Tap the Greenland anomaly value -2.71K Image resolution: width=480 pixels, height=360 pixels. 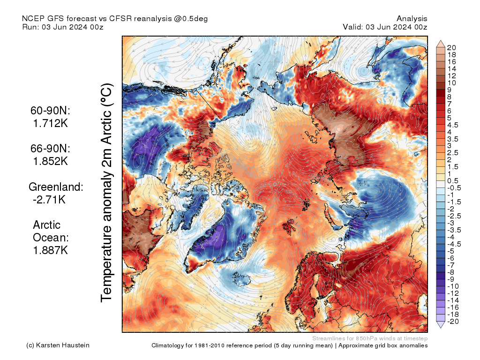click(49, 200)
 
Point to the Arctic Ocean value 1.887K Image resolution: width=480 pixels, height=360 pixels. click(50, 250)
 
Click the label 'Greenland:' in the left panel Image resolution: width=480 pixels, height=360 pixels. click(56, 187)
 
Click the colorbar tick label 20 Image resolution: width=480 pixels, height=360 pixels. click(452, 47)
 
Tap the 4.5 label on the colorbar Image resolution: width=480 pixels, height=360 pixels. click(453, 125)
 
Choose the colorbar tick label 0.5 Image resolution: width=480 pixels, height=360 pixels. click(453, 181)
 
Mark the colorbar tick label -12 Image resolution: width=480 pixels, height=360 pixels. click(452, 293)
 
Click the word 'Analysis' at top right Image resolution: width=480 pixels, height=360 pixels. click(412, 19)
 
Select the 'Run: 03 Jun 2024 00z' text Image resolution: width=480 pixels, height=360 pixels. click(63, 27)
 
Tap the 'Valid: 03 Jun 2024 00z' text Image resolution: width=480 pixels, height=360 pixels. click(385, 27)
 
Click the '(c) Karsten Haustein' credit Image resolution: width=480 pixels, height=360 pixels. click(58, 345)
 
